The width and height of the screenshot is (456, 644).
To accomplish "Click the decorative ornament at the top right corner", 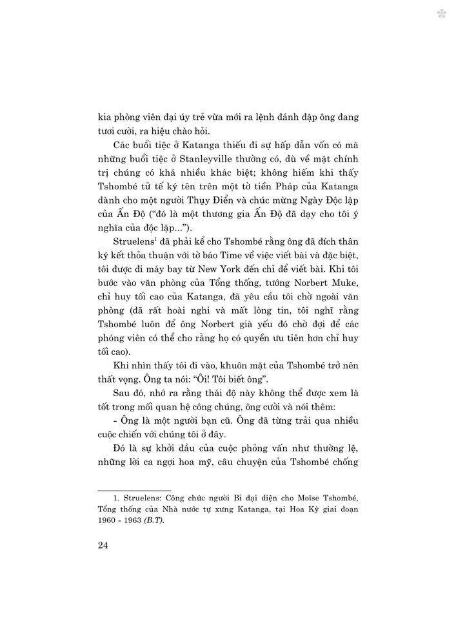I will pyautogui.click(x=442, y=13).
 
